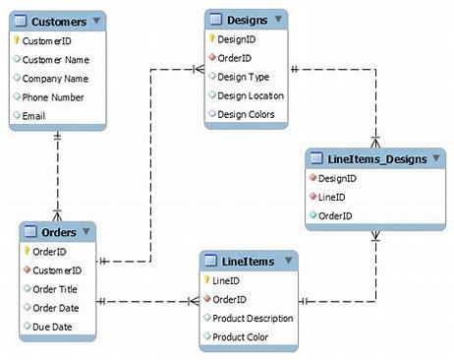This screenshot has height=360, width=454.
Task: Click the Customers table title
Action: point(58,21)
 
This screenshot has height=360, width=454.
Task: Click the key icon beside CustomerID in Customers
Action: point(16,40)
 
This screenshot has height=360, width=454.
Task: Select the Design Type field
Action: point(244,77)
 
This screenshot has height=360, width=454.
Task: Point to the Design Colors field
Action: point(248,114)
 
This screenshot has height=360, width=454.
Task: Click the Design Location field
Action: point(251,95)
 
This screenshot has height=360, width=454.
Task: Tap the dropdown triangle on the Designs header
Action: point(280,20)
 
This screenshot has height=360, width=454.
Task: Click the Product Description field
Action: point(254,319)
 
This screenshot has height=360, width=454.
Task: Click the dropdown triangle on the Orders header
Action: point(86,231)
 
